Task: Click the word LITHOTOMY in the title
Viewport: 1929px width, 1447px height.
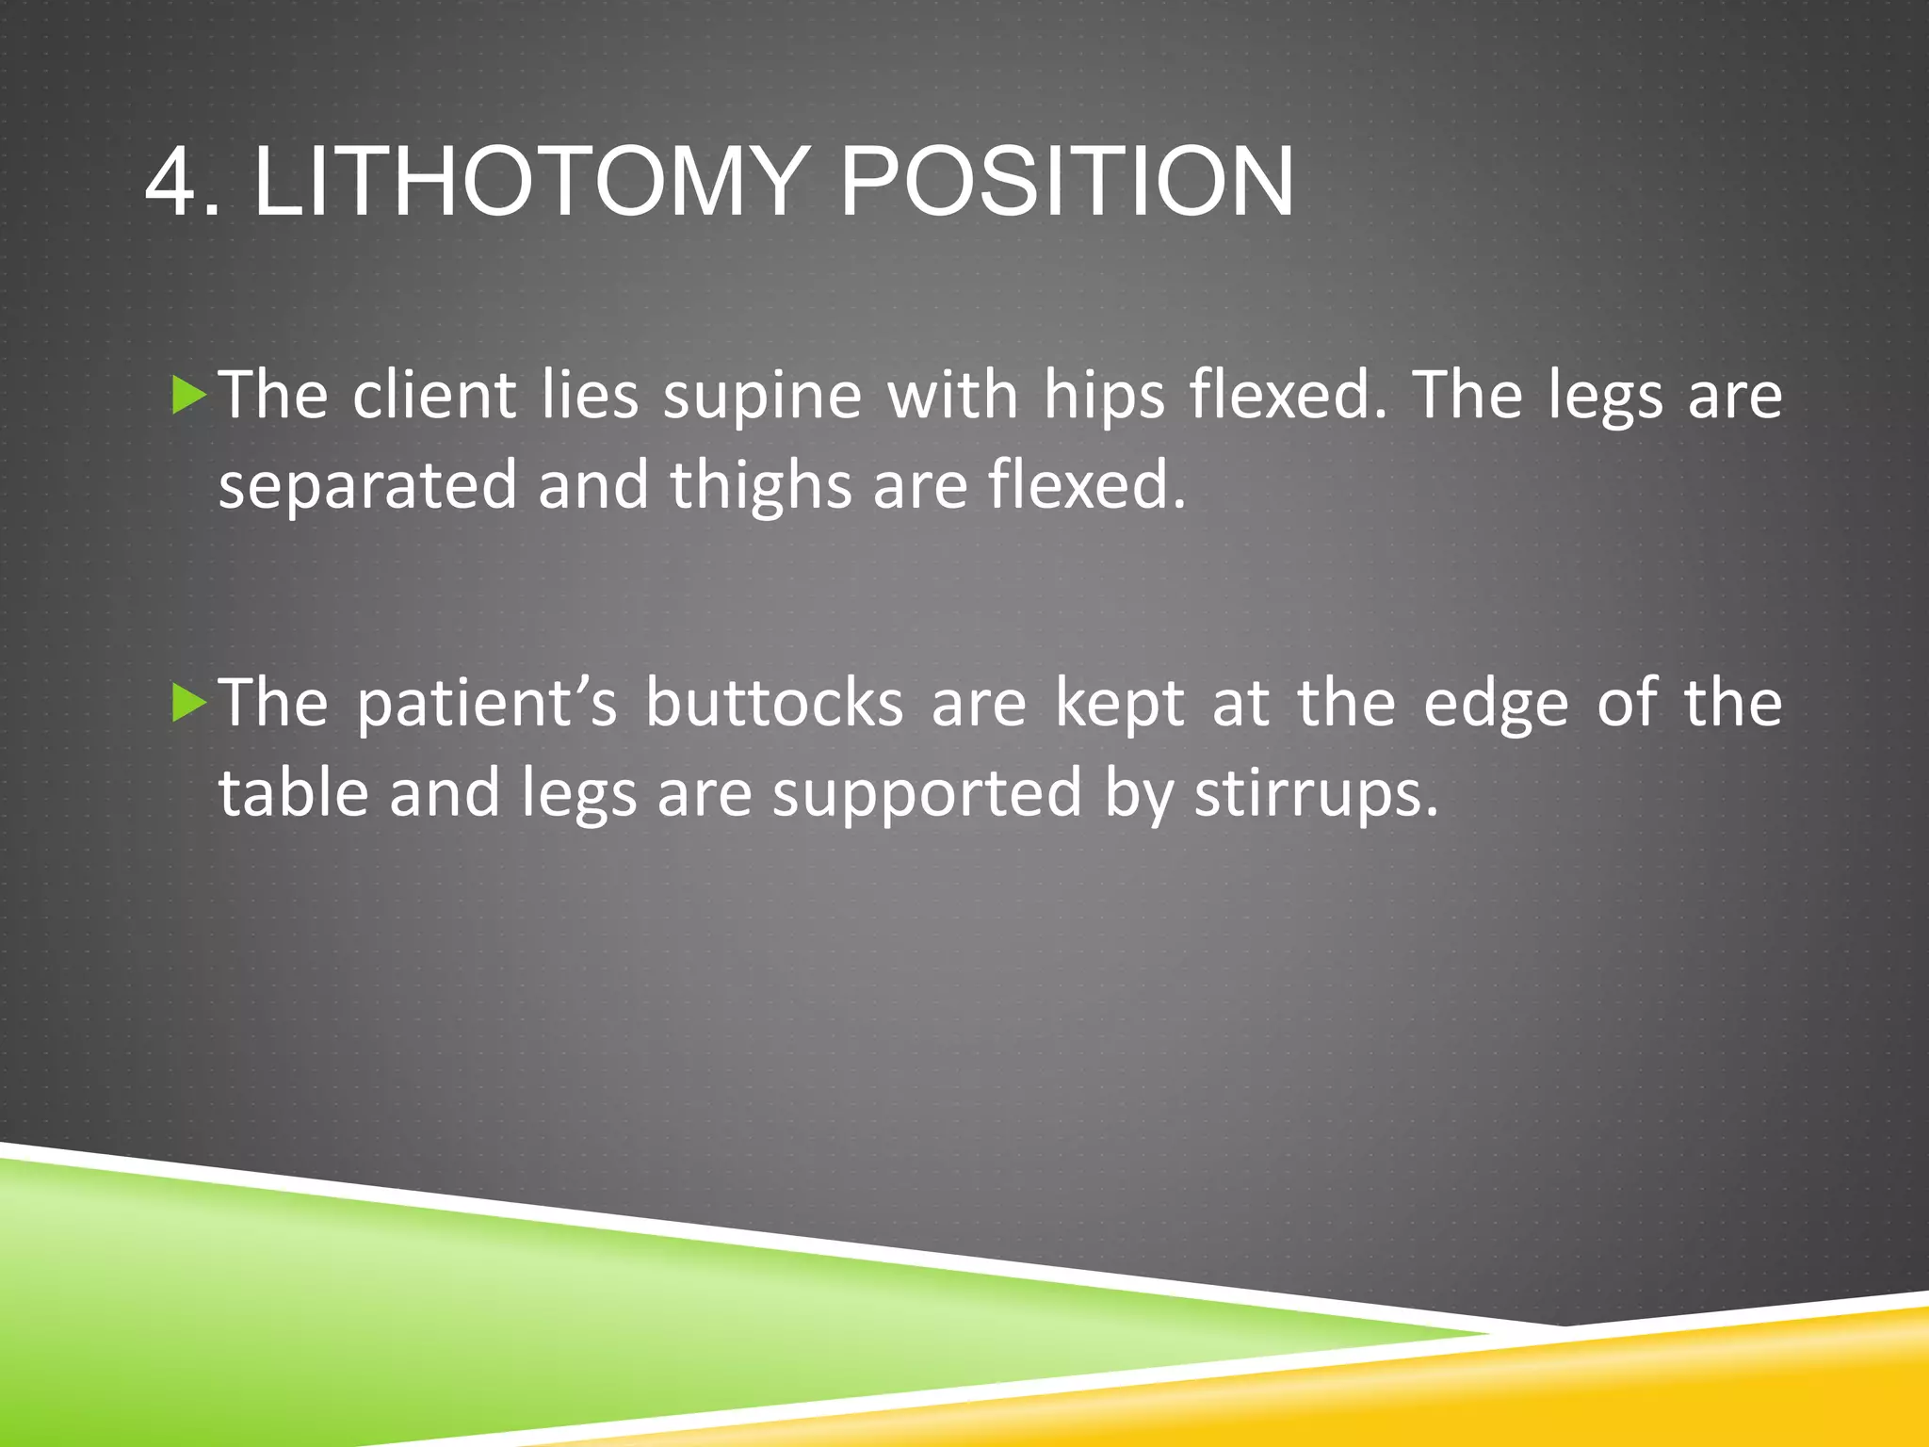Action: [x=530, y=181]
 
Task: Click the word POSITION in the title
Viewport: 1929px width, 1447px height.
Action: [x=1066, y=181]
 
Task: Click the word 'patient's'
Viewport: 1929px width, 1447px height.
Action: [x=486, y=706]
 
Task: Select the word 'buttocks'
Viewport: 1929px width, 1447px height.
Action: [x=774, y=704]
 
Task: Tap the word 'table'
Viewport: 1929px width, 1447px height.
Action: [x=293, y=792]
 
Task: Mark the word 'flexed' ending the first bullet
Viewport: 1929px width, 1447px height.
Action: [x=1077, y=486]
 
